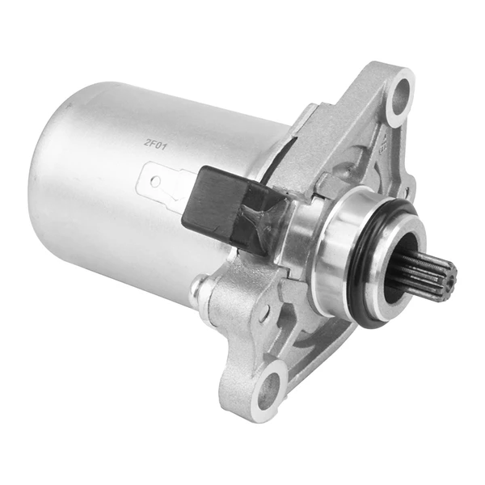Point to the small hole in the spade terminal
pyautogui.click(x=157, y=180)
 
